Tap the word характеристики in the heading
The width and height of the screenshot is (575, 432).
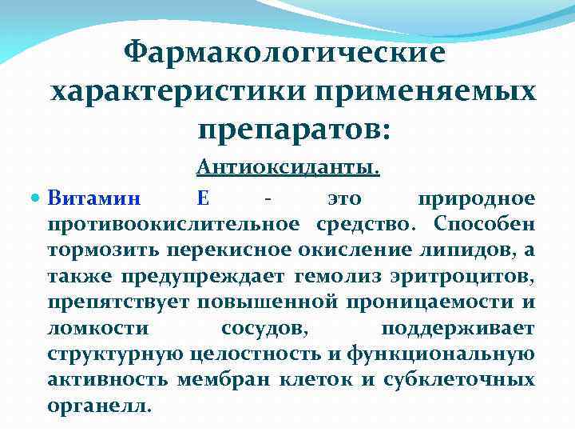[x=172, y=93]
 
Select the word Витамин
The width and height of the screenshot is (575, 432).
[x=93, y=196]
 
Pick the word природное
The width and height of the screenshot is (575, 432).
[x=475, y=196]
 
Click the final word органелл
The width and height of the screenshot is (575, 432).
[x=98, y=406]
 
